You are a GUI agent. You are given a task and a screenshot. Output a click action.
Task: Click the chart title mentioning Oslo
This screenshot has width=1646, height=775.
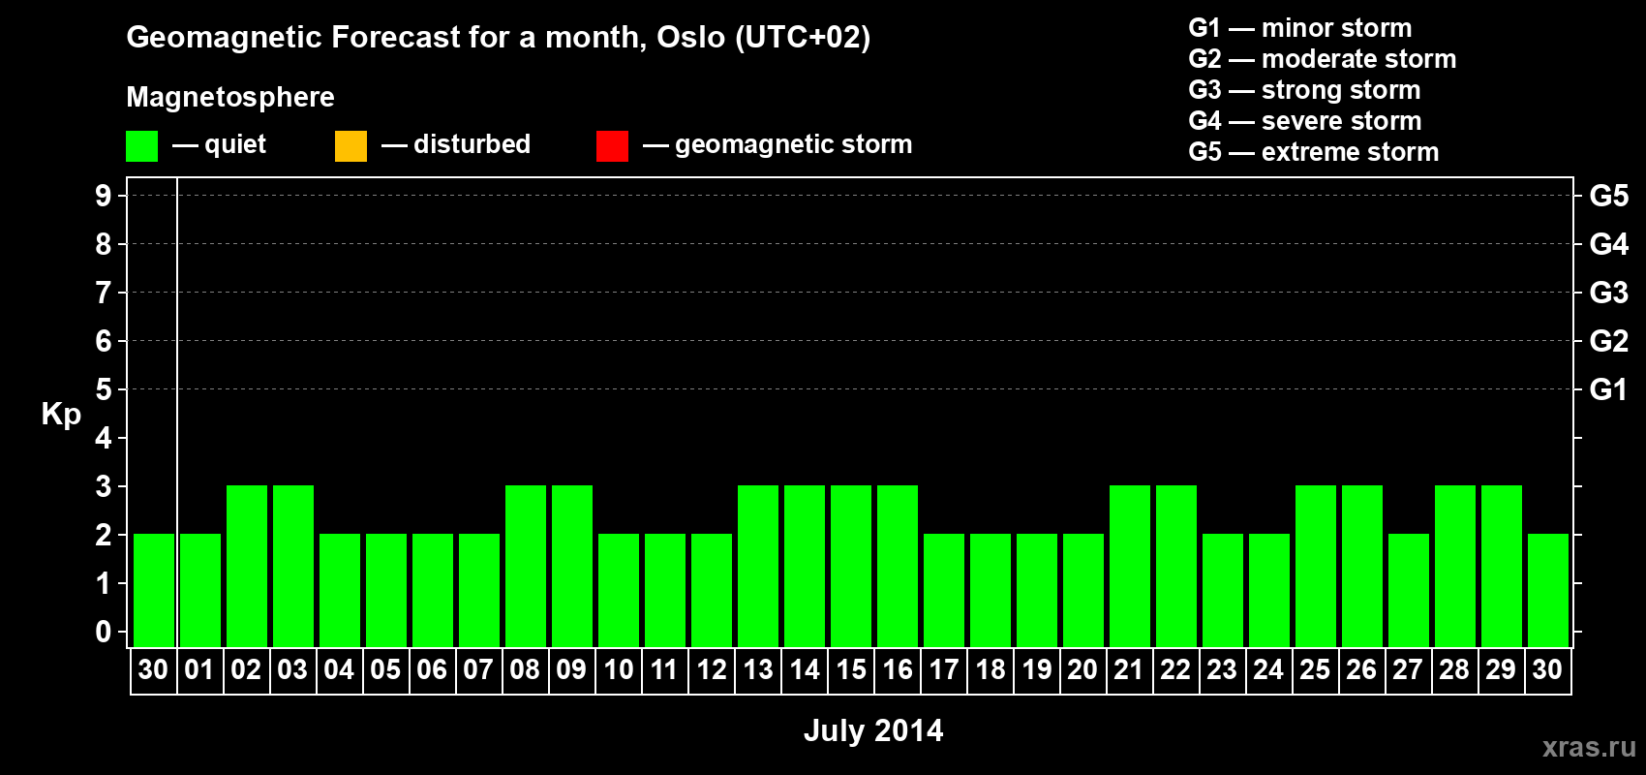[499, 38]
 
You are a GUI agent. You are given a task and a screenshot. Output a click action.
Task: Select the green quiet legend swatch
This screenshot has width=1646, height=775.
[141, 145]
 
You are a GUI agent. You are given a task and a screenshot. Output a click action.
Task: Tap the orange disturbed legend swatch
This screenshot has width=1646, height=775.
[351, 145]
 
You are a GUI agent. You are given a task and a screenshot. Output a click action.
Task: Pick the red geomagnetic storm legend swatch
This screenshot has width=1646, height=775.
[612, 145]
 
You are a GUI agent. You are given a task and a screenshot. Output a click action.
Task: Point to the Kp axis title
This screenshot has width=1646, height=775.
[61, 415]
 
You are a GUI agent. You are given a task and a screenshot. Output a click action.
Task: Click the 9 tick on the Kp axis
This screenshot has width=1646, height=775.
[103, 196]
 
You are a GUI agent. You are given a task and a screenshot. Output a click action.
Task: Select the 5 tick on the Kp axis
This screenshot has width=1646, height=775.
[103, 389]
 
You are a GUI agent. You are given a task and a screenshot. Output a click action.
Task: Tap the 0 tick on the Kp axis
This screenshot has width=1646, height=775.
[103, 632]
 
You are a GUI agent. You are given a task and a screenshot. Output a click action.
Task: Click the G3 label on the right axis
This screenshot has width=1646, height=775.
[1608, 293]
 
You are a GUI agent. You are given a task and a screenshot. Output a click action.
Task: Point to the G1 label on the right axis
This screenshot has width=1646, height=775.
[1608, 389]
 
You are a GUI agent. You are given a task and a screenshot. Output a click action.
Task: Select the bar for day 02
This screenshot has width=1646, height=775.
[247, 566]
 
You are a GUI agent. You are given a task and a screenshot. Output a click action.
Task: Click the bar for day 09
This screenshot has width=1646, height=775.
[572, 566]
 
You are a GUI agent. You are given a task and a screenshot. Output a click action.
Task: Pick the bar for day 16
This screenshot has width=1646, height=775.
[898, 566]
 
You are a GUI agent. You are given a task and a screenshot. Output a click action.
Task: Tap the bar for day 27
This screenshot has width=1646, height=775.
[1409, 590]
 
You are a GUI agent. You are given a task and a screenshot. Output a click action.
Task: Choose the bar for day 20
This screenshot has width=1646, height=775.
[1083, 590]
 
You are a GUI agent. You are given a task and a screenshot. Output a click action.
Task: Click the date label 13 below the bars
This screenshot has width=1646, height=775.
[758, 669]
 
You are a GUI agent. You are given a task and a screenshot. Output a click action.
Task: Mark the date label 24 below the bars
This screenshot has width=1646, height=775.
[1269, 669]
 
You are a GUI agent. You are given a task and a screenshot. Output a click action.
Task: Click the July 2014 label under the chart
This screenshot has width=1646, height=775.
[873, 730]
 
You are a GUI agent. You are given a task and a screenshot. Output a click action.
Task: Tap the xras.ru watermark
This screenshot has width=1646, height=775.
[1589, 747]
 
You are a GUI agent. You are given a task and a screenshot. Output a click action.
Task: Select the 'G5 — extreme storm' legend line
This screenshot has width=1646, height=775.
[1313, 152]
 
